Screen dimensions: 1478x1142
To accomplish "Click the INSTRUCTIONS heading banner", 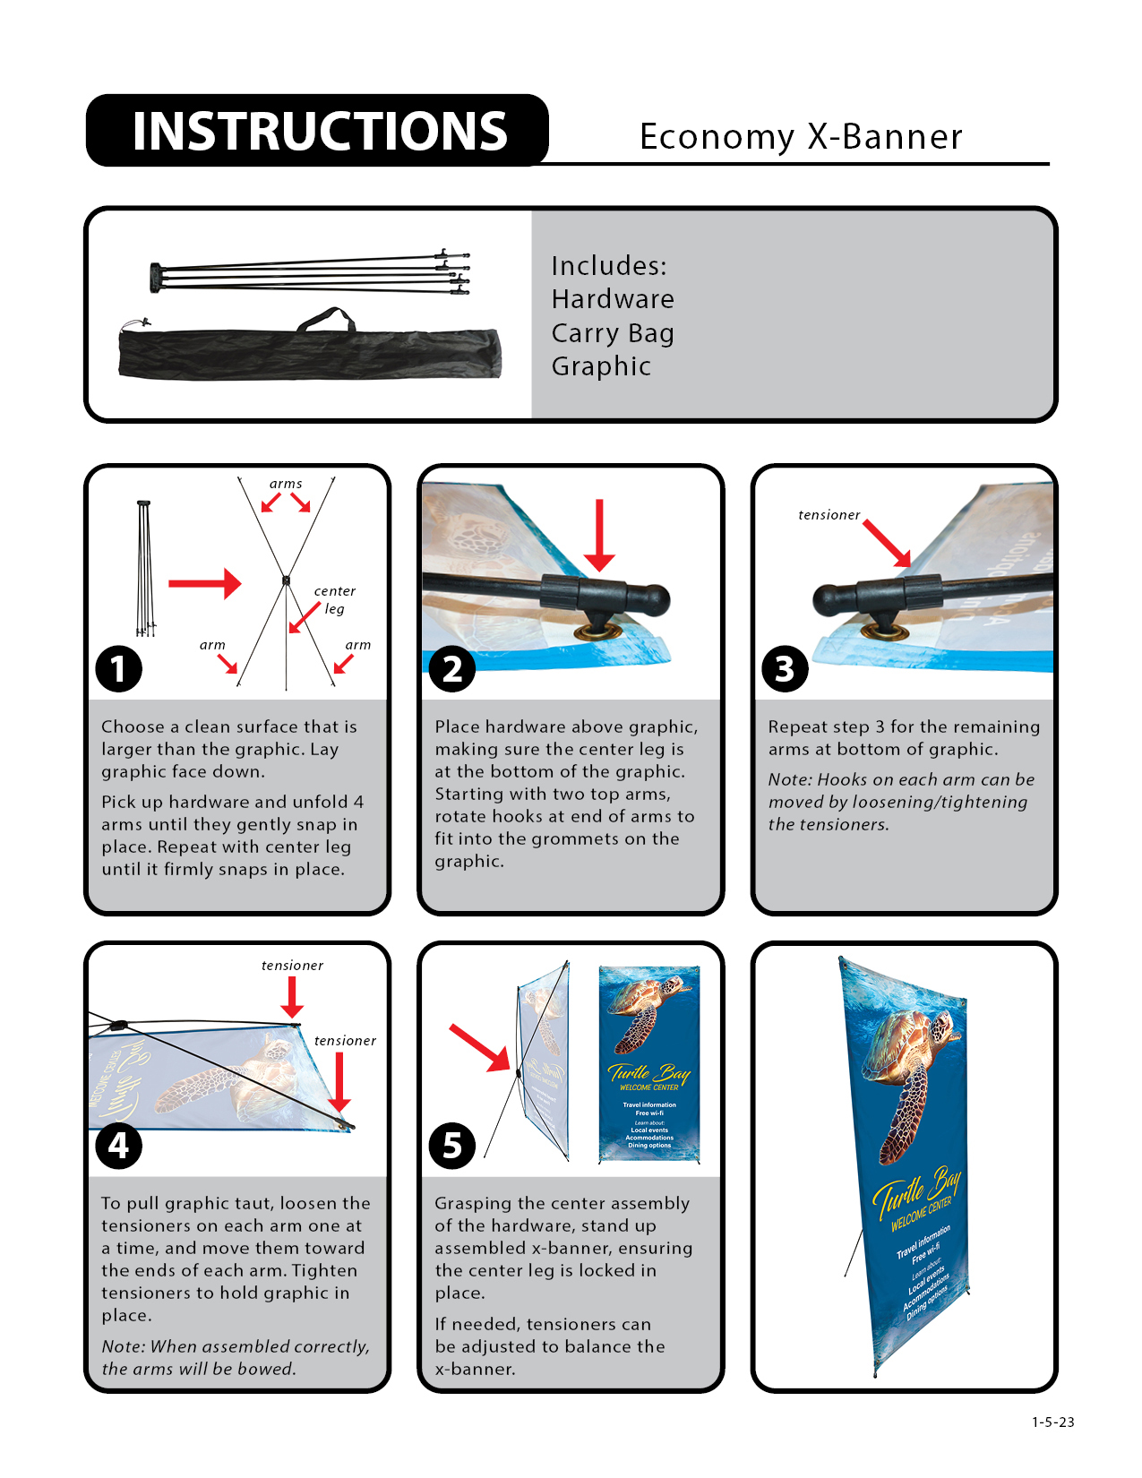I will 318,131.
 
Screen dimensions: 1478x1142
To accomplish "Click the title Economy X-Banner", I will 800,137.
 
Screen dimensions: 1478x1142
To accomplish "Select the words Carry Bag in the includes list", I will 612,333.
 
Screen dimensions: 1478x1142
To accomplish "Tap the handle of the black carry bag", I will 326,318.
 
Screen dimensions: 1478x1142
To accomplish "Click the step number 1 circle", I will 119,668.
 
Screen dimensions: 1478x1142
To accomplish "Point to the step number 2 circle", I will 452,668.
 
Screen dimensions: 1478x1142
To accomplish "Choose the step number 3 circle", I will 785,668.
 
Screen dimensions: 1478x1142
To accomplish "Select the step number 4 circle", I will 119,1146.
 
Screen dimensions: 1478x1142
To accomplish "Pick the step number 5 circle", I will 452,1146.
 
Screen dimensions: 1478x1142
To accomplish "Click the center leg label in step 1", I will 334,599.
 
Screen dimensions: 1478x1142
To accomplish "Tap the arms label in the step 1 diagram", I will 286,484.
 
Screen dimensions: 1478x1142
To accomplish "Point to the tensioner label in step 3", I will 829,515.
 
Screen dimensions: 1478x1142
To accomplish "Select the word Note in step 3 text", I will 787,779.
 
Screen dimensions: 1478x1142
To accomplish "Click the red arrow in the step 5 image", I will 479,1047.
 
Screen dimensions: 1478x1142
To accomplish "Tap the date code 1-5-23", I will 1052,1422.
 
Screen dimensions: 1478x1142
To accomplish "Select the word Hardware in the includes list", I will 612,299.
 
